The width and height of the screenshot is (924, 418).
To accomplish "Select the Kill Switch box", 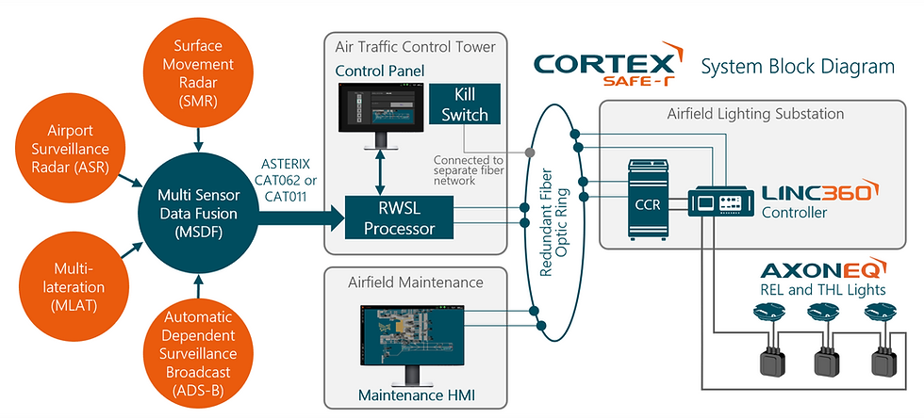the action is (x=465, y=104).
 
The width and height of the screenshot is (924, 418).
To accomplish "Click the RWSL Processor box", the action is (x=399, y=217).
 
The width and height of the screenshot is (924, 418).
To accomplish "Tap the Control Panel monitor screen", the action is (x=381, y=107).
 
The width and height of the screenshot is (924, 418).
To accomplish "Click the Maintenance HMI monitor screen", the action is (x=411, y=335).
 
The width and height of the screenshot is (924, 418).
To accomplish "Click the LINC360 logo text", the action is (x=821, y=191).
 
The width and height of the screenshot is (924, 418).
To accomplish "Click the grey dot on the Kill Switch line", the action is (x=530, y=153).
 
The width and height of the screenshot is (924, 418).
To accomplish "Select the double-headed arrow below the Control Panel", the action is (x=382, y=172).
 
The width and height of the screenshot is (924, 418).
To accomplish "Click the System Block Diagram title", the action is (x=798, y=66).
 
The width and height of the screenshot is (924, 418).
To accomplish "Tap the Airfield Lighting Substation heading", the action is (x=755, y=113).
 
